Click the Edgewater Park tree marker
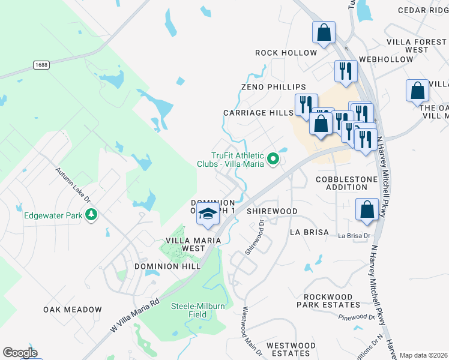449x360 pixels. click(x=91, y=214)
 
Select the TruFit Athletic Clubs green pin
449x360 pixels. click(x=274, y=159)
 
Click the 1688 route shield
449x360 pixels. click(x=41, y=65)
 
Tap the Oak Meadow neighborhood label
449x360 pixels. click(x=73, y=310)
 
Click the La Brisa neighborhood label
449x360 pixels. click(x=309, y=232)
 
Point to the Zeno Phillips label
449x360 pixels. click(x=273, y=87)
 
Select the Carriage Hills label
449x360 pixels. click(x=258, y=113)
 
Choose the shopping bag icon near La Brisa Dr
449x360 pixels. click(x=367, y=210)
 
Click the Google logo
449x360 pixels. click(x=19, y=353)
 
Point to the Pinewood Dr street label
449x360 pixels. click(x=357, y=317)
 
